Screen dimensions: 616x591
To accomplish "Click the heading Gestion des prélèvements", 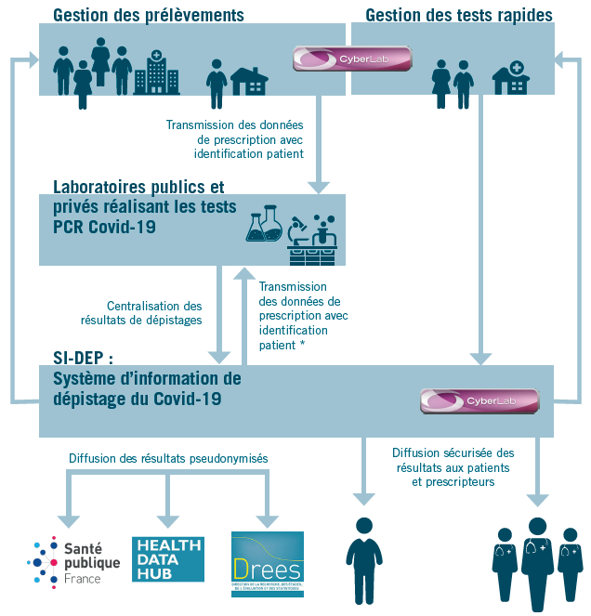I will pyautogui.click(x=149, y=15).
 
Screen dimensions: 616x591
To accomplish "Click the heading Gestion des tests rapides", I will pyautogui.click(x=459, y=15).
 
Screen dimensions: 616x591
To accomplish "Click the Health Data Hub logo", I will pyautogui.click(x=167, y=558).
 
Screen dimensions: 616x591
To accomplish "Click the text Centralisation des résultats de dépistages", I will pyautogui.click(x=154, y=312).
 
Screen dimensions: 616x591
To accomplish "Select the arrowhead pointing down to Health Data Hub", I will pyautogui.click(x=167, y=520).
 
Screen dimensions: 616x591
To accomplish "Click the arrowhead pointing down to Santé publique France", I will pyautogui.click(x=66, y=520).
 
